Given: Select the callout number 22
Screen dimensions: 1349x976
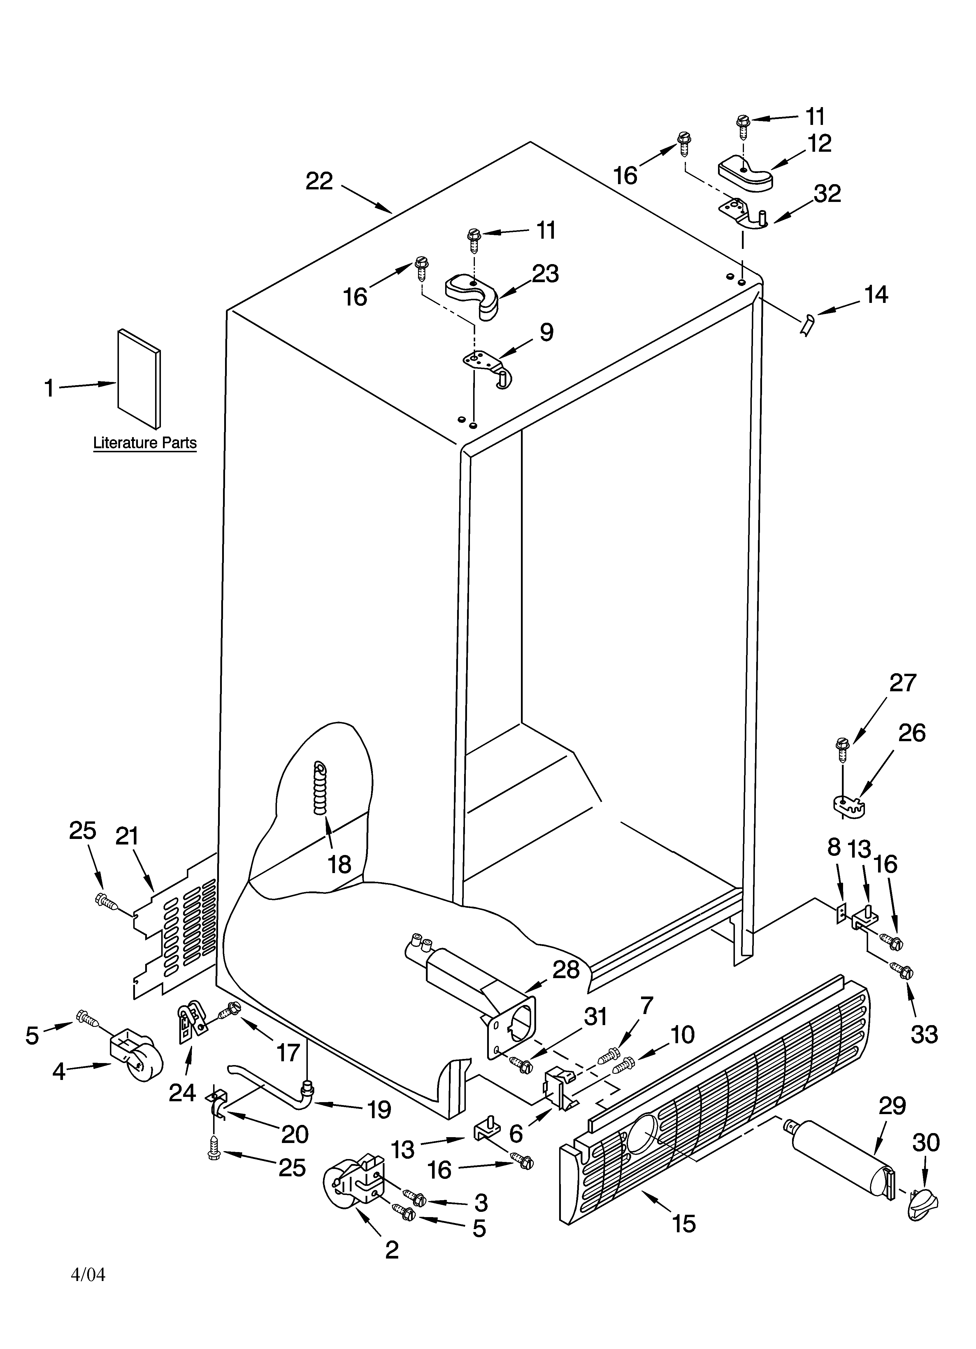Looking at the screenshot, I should (x=319, y=181).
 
